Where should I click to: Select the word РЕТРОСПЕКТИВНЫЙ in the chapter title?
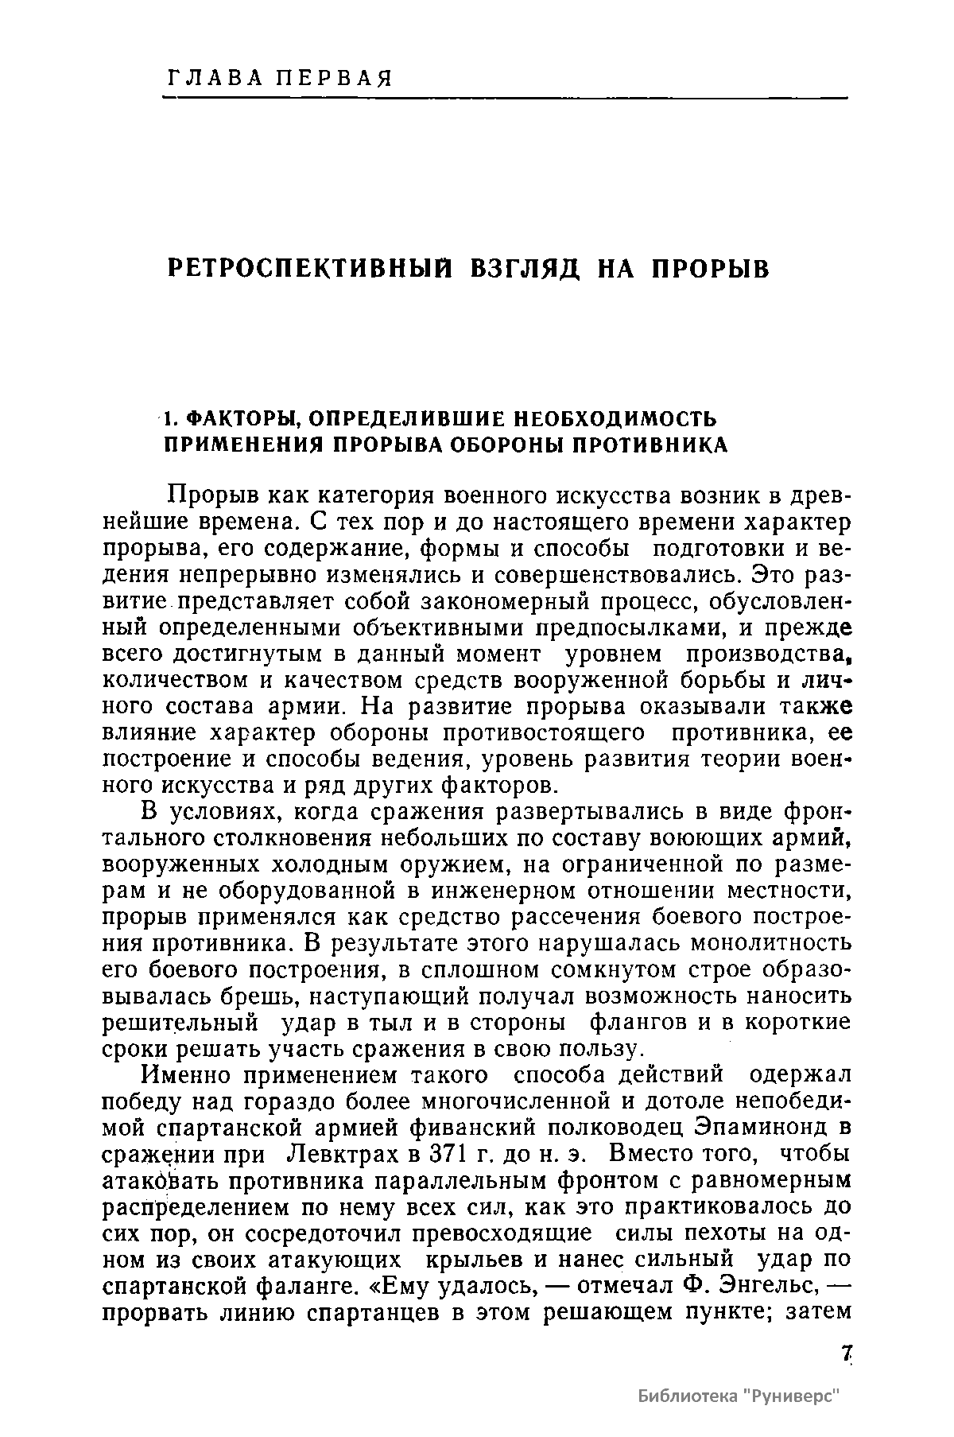click(306, 269)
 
